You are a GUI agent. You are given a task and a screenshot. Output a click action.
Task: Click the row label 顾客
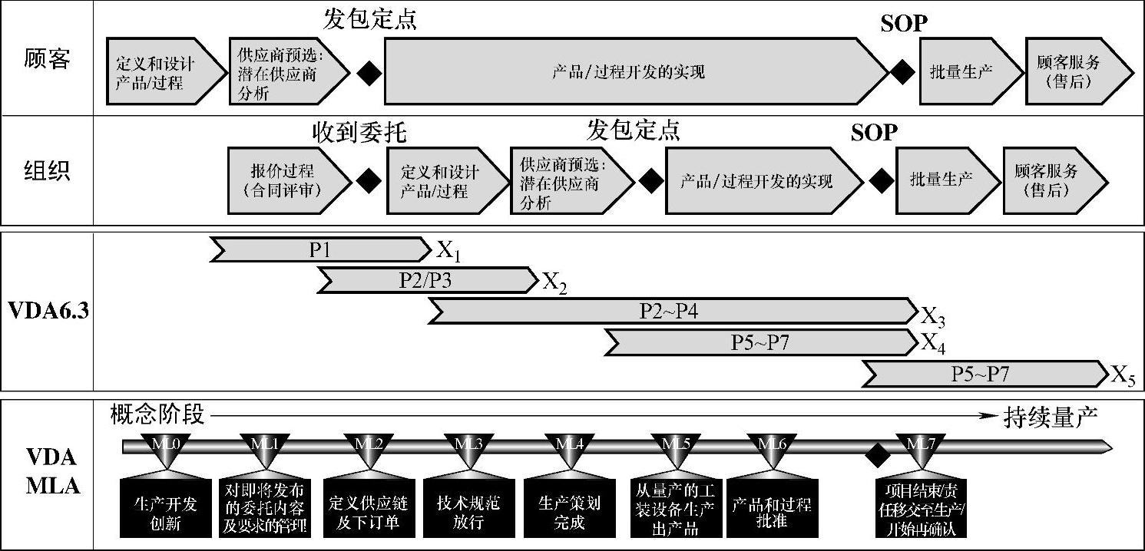point(47,58)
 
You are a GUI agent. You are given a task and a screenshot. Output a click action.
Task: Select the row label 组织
point(47,170)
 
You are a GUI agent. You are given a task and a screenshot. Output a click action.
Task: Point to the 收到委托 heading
point(359,133)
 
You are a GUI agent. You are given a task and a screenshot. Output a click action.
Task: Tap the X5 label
point(1122,376)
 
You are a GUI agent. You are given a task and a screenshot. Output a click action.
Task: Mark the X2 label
point(554,283)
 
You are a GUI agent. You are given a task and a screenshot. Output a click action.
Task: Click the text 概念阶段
point(158,414)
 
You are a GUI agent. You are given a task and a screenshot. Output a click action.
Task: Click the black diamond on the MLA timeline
point(875,455)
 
